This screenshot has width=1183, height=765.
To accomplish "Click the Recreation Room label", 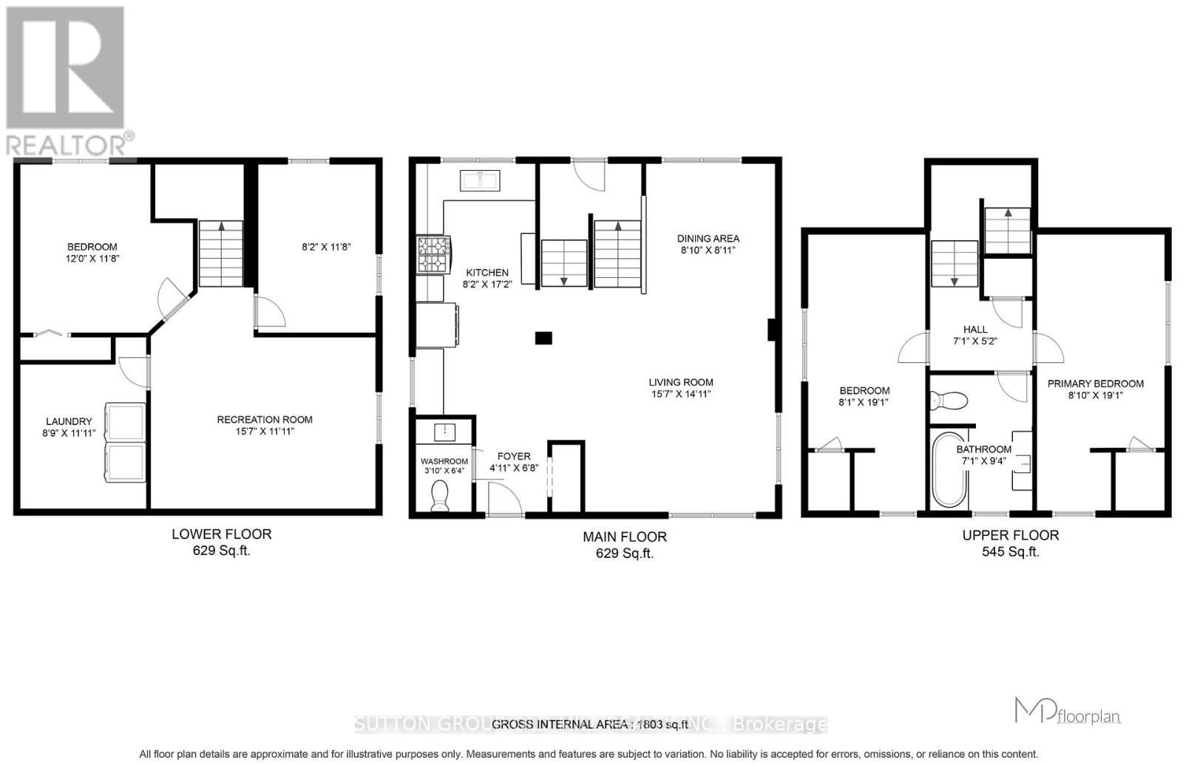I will pyautogui.click(x=265, y=419).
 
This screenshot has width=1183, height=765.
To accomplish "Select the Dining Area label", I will pyautogui.click(x=708, y=238).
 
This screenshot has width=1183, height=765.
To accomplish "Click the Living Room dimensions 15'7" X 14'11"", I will pyautogui.click(x=681, y=394).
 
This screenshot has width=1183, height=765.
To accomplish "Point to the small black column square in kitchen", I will pyautogui.click(x=543, y=338).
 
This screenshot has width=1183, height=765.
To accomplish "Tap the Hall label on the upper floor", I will pyautogui.click(x=975, y=330).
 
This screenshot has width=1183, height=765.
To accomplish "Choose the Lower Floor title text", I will pyautogui.click(x=221, y=534).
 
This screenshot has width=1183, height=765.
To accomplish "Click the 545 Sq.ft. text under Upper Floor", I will pyautogui.click(x=1010, y=551).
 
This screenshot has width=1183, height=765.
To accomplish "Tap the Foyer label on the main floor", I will pyautogui.click(x=513, y=456).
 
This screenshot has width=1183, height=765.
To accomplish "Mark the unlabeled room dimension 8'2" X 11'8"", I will pyautogui.click(x=326, y=247).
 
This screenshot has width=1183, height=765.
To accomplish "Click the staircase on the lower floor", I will pyautogui.click(x=220, y=254).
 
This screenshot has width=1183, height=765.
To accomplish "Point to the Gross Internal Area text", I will pyautogui.click(x=591, y=724).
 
